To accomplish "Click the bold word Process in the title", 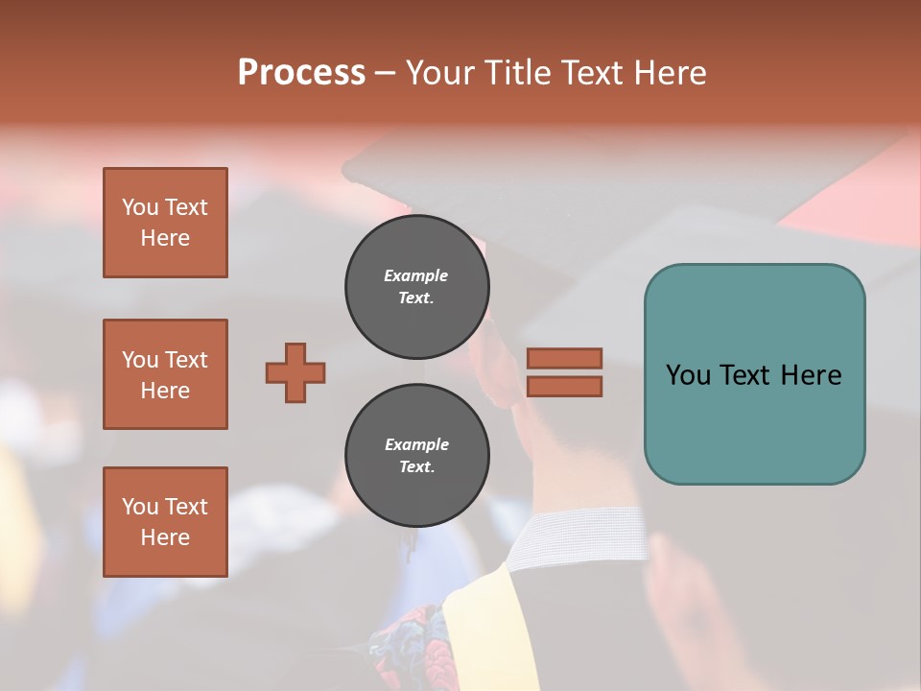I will [301, 73].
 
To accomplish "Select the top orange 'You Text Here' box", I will [165, 223].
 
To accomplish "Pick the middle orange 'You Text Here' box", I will [165, 374].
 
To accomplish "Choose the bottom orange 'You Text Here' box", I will [165, 522].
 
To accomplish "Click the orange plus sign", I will [295, 372].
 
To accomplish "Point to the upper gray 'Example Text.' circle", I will [416, 287].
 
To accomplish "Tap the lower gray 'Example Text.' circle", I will [416, 456].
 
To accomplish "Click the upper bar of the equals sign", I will [564, 359].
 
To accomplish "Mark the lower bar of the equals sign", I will [564, 387].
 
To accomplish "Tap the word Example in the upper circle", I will [416, 275].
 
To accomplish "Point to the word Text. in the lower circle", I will [416, 467].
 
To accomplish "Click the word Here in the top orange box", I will [165, 238].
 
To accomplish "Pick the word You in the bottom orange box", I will [140, 507].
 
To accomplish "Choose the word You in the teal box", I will [687, 375].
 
